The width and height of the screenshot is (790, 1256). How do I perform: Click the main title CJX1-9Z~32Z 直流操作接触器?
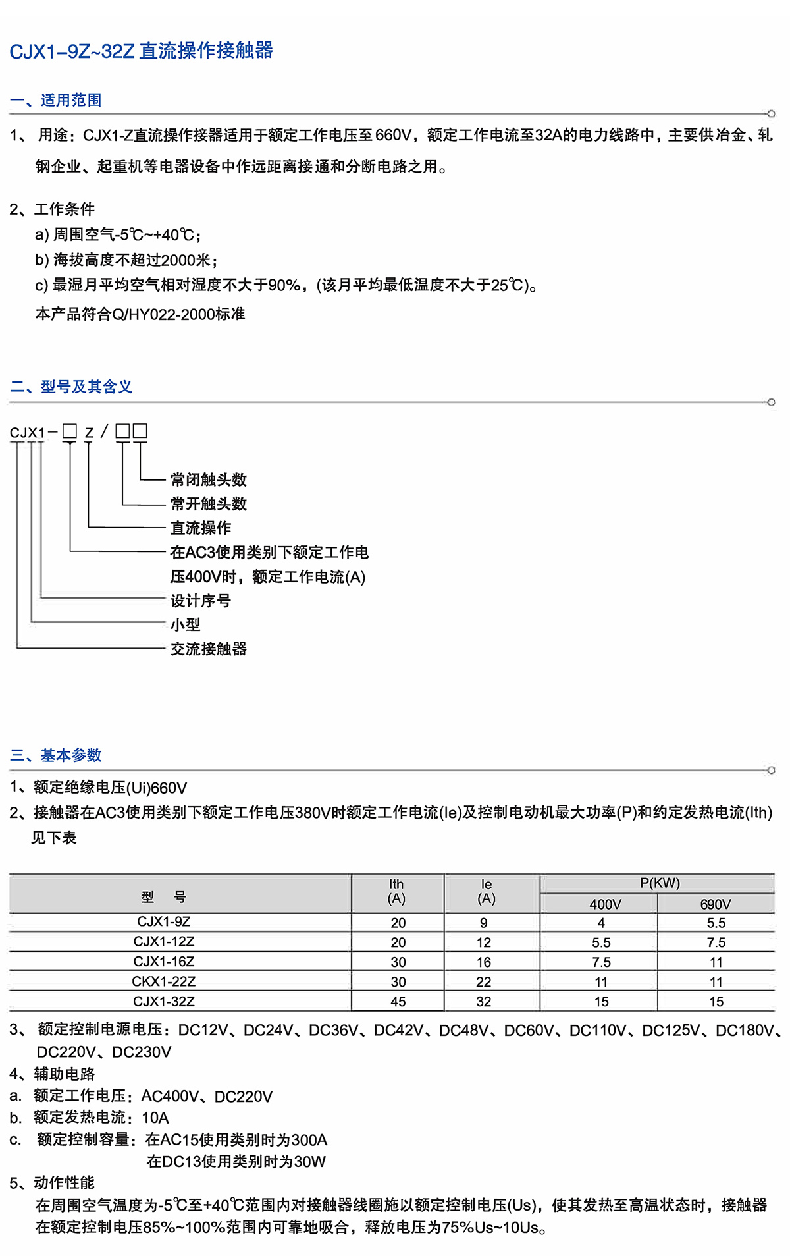[141, 51]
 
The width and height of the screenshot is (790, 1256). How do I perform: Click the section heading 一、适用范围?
[56, 100]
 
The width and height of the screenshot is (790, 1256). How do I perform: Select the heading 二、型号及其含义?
[71, 387]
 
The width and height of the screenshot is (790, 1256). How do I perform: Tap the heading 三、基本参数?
[56, 755]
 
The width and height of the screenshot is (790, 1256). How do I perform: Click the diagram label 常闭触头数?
[208, 479]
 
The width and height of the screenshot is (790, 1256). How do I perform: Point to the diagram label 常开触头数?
[208, 504]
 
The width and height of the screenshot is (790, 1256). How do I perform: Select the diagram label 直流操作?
[200, 528]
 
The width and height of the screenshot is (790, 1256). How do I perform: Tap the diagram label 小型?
[185, 624]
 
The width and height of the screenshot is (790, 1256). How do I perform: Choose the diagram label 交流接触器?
[208, 649]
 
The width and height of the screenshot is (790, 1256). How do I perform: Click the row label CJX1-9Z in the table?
[164, 921]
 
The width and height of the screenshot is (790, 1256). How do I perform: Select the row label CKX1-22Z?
[164, 981]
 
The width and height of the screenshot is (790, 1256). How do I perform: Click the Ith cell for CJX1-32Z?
[398, 1002]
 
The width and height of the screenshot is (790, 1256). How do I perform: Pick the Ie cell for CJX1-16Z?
[484, 962]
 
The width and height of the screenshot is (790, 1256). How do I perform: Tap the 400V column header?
[605, 904]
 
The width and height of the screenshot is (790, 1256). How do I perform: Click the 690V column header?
[716, 904]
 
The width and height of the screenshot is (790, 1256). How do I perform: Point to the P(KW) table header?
[660, 883]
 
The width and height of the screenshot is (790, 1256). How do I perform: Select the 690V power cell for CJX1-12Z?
[716, 942]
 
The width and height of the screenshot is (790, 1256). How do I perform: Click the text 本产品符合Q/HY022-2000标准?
[140, 314]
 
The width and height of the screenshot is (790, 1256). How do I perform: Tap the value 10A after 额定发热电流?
[155, 1118]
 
